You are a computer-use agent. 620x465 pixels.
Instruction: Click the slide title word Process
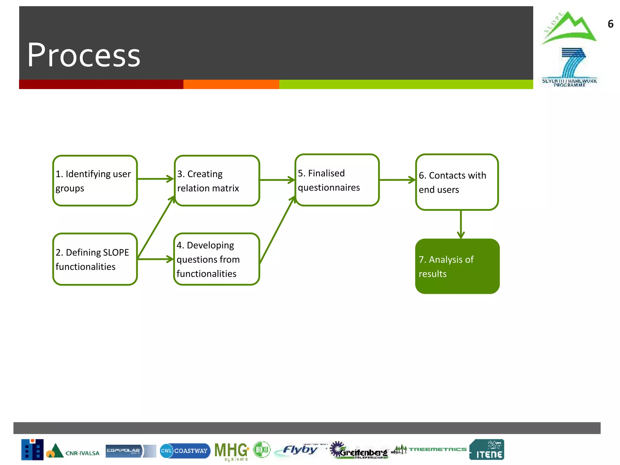pyautogui.click(x=84, y=55)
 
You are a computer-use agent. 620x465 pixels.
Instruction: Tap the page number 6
pyautogui.click(x=610, y=24)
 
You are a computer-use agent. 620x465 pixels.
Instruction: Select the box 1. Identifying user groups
pyautogui.click(x=95, y=181)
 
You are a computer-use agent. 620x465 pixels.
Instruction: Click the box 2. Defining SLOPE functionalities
pyautogui.click(x=95, y=259)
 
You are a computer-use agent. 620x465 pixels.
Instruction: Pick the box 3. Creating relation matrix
pyautogui.click(x=217, y=181)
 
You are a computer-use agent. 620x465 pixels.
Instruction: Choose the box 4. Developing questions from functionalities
pyautogui.click(x=217, y=259)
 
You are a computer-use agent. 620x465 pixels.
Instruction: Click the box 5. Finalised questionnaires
pyautogui.click(x=337, y=180)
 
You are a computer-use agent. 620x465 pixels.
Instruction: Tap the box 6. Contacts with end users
pyautogui.click(x=457, y=182)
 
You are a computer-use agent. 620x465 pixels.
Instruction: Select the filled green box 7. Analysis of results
pyautogui.click(x=457, y=266)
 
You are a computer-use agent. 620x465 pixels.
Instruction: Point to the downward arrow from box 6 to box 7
pyautogui.click(x=461, y=224)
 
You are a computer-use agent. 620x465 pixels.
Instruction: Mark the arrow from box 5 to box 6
pyautogui.click(x=397, y=180)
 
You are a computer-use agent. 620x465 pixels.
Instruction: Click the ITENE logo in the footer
pyautogui.click(x=486, y=450)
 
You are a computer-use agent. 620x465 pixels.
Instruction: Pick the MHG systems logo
pyautogui.click(x=232, y=451)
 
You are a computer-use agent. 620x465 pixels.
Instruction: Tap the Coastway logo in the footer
pyautogui.click(x=185, y=451)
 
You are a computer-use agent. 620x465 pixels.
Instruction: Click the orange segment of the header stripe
pyautogui.click(x=231, y=84)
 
